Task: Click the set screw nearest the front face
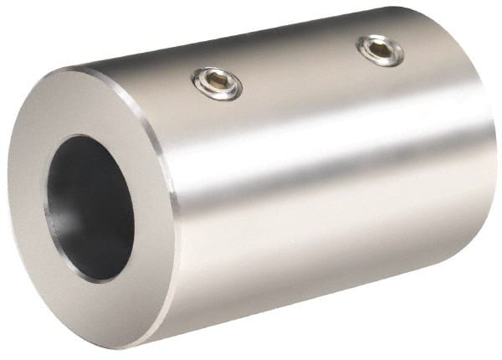tap(218, 82)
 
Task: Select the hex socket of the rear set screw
tap(381, 49)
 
